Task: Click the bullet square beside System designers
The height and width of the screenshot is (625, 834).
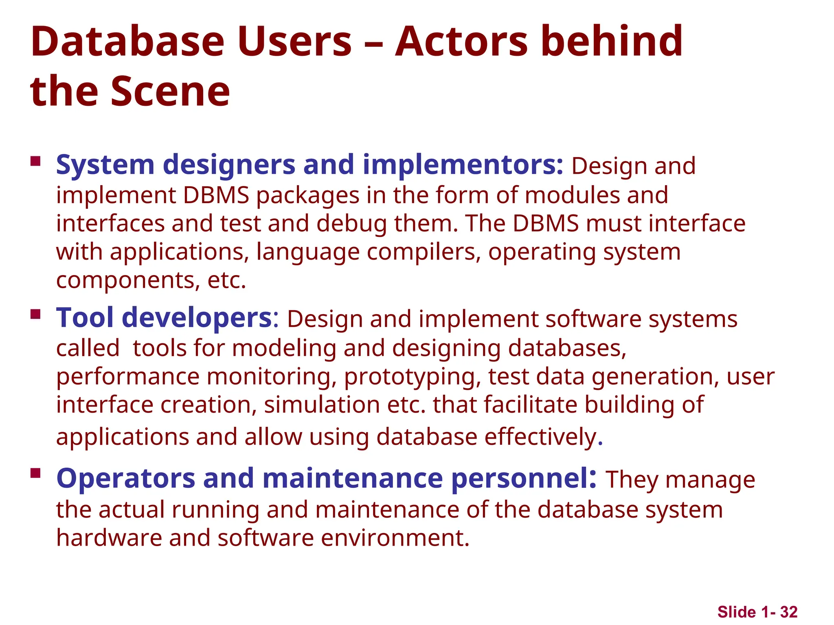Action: click(x=36, y=161)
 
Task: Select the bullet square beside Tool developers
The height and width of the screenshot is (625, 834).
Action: click(x=36, y=314)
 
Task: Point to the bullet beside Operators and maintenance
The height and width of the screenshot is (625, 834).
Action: click(x=36, y=473)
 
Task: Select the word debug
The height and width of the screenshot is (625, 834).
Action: click(x=351, y=224)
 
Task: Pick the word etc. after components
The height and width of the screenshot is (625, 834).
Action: click(x=227, y=280)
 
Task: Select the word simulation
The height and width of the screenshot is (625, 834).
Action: click(x=322, y=405)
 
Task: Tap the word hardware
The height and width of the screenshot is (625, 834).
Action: click(x=109, y=538)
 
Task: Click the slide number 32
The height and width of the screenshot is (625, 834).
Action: click(x=789, y=612)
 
